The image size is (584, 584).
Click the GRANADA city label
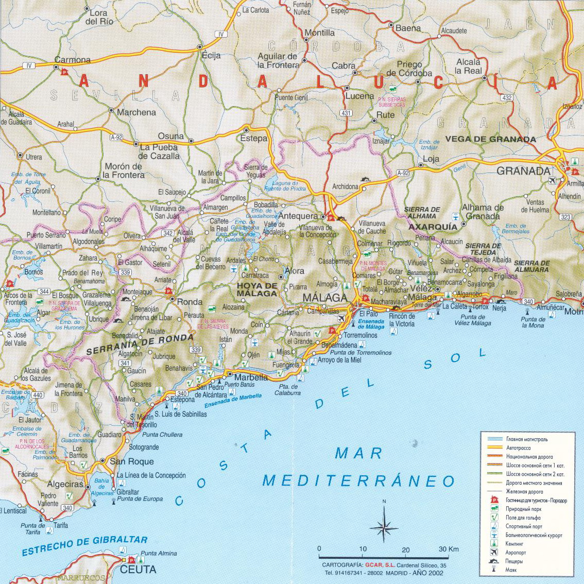pos(523,171)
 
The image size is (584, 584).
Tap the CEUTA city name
pos(138,570)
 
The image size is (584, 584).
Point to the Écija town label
pos(211,56)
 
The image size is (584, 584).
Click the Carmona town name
pos(73,60)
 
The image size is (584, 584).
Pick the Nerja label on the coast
pos(499,308)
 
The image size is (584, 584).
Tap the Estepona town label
pos(183,400)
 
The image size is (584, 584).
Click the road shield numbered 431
pos(346,113)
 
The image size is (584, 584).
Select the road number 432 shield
pos(507,98)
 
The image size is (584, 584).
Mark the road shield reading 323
pos(565,217)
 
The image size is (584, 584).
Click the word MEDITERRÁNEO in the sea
pos(358,481)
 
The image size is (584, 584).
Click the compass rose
pos(384,525)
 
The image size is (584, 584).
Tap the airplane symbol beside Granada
pos(553,180)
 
